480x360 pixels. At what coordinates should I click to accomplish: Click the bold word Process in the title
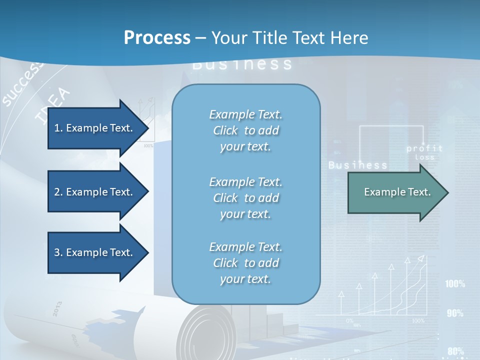click(157, 38)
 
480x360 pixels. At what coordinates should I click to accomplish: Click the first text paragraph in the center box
click(245, 130)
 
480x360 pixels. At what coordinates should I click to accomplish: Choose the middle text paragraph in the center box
click(245, 198)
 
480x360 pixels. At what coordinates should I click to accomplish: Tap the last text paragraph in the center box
click(245, 263)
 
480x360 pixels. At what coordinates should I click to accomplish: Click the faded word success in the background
click(22, 85)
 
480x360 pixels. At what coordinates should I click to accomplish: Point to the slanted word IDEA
click(53, 105)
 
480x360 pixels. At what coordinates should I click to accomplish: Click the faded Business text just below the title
click(242, 64)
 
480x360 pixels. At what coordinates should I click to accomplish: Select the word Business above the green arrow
click(357, 165)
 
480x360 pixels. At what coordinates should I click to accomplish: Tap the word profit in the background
click(424, 148)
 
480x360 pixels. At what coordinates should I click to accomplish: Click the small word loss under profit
click(424, 157)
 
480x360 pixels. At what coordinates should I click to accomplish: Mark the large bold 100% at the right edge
click(455, 284)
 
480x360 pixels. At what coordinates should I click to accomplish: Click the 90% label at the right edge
click(455, 313)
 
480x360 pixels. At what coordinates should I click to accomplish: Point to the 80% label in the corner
click(455, 351)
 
